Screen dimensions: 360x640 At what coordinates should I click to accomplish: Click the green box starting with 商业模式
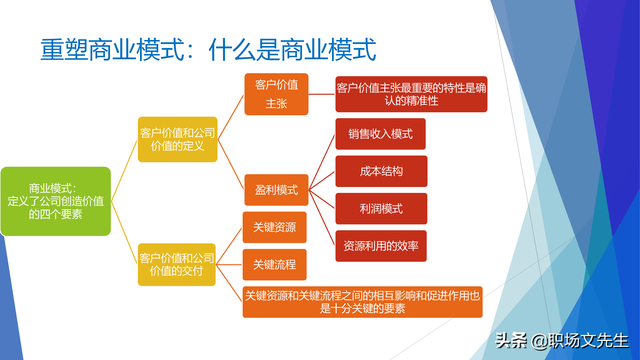(x=56, y=200)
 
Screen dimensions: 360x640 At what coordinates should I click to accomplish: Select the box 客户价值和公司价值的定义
(x=178, y=140)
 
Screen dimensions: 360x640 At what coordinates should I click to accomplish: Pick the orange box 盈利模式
(x=274, y=186)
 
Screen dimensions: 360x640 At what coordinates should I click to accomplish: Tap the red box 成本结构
(x=381, y=171)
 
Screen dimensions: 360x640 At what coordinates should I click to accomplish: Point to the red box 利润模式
(x=381, y=208)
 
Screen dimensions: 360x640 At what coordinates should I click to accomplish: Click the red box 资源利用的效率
(x=381, y=245)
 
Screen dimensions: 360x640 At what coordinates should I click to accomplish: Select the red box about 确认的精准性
(x=411, y=94)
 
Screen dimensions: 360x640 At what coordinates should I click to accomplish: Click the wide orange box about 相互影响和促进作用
(x=364, y=301)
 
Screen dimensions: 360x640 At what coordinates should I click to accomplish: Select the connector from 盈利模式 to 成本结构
(x=322, y=179)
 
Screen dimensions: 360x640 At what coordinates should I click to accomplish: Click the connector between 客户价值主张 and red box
(x=320, y=94)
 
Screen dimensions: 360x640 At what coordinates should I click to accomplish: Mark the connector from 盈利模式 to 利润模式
(x=322, y=198)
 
